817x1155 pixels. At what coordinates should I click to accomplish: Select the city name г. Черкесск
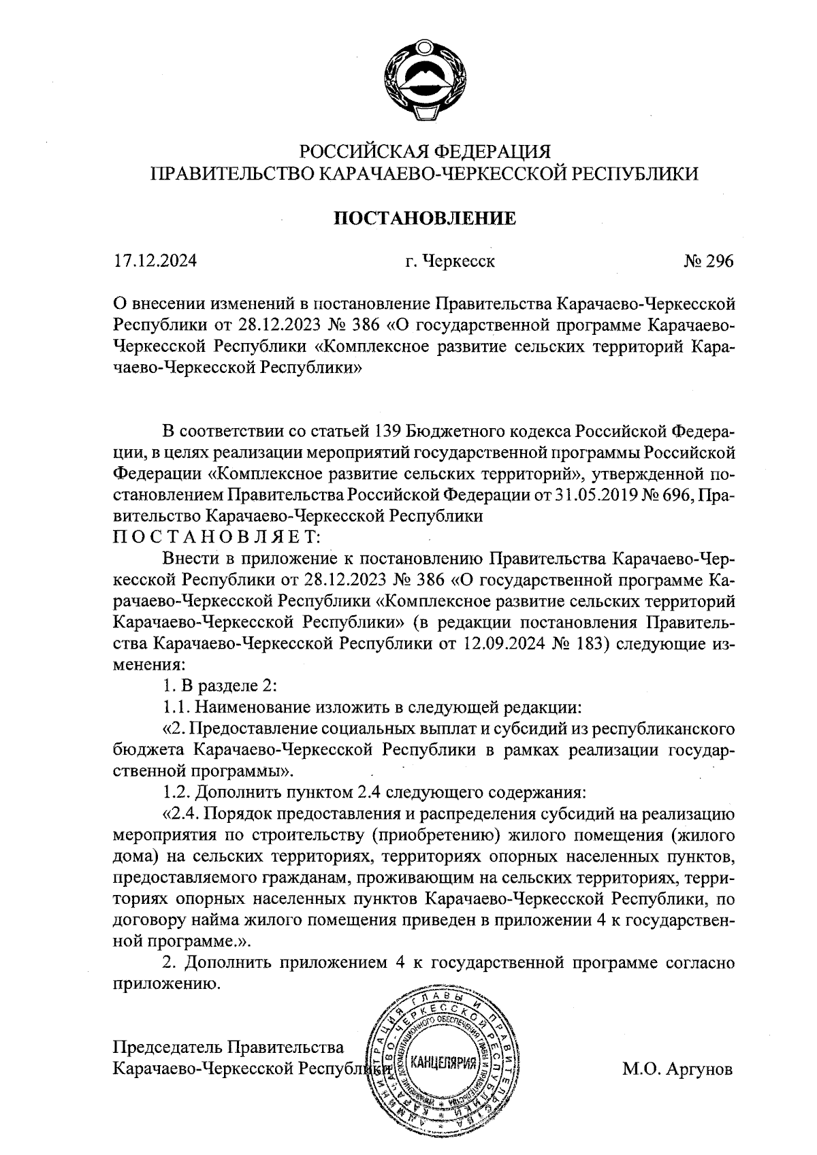point(449,261)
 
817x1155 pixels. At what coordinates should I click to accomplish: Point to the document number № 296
point(708,261)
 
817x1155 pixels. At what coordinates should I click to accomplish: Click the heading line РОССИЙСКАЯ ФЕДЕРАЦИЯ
point(425,151)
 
